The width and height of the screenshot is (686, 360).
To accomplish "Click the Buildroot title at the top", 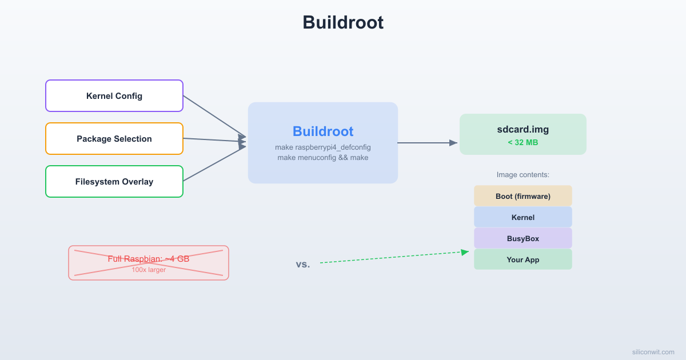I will point(342,23).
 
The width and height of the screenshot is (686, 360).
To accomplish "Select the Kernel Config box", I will point(114,96).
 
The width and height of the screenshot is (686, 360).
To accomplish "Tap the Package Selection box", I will point(114,139).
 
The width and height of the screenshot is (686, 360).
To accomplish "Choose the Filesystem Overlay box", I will point(114,182).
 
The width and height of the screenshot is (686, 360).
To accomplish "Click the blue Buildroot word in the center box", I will point(323,131).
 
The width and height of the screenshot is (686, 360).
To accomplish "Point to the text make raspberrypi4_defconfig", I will point(323,147).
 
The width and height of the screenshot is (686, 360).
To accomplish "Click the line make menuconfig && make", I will point(323,158).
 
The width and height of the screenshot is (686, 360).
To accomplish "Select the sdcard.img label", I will point(523,129).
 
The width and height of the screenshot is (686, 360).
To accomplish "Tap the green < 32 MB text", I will point(523,142).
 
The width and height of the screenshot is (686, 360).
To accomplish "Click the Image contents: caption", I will point(523,175).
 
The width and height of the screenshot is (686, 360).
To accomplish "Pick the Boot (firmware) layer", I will point(523,196).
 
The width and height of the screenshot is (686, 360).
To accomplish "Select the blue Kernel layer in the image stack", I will point(523,217).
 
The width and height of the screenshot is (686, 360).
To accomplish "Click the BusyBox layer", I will point(523,238).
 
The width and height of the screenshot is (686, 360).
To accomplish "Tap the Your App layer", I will point(523,259).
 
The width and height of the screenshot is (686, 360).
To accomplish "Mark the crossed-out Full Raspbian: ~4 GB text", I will point(149,259).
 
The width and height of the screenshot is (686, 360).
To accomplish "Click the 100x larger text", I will point(149,270).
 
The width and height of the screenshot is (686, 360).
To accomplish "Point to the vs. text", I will point(303,264).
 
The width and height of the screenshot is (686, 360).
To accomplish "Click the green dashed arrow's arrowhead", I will point(465,252).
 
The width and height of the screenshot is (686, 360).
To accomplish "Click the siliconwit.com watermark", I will point(653,352).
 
